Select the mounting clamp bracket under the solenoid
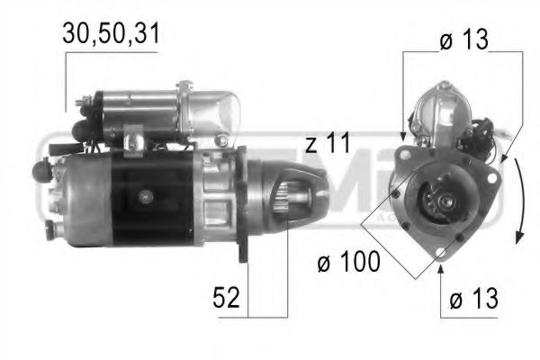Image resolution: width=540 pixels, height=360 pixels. (x=134, y=142)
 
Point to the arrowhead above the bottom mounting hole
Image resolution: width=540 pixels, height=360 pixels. (x=440, y=266)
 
